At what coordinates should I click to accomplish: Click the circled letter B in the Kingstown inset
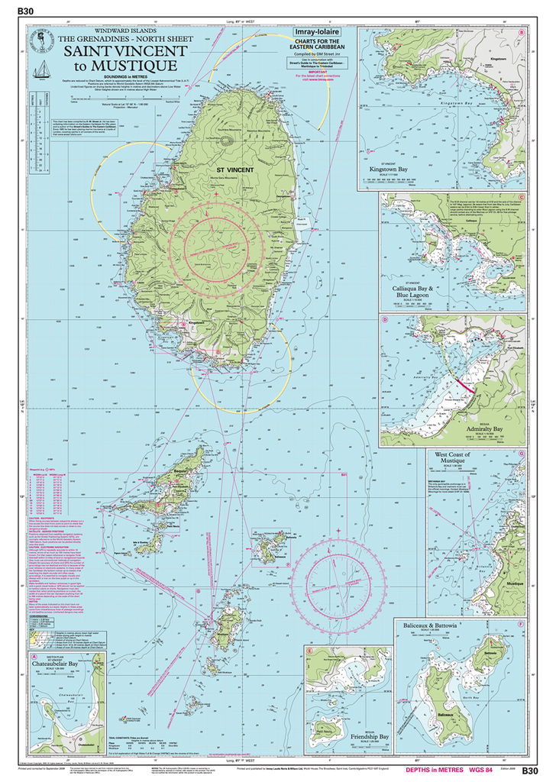521,34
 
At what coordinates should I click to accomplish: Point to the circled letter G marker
521,454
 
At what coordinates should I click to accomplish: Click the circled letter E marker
309,651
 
